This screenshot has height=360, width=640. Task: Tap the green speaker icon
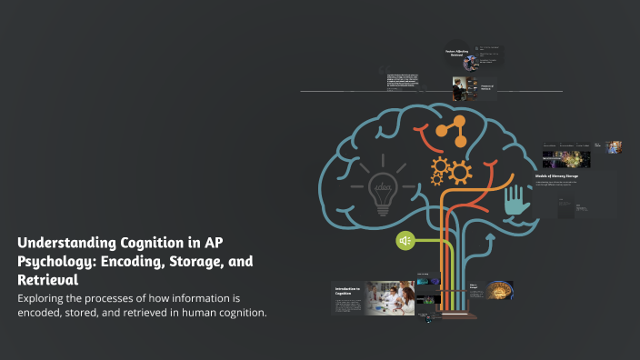(405, 240)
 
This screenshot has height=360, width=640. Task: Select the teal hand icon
(517, 201)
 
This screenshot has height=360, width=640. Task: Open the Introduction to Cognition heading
(347, 291)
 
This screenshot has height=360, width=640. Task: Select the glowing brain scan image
(498, 292)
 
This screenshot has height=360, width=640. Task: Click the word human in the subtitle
(195, 314)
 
